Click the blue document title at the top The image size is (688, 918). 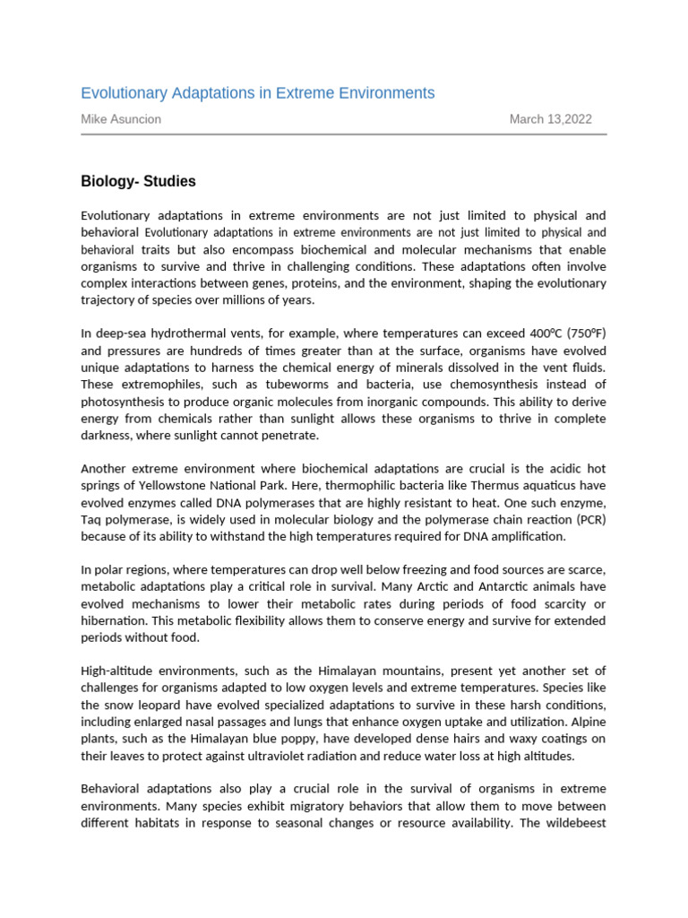click(x=257, y=93)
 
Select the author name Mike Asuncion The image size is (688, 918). click(x=121, y=119)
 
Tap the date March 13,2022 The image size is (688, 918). click(x=550, y=119)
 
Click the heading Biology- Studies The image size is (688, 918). click(x=138, y=181)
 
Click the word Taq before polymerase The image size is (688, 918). click(x=94, y=520)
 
